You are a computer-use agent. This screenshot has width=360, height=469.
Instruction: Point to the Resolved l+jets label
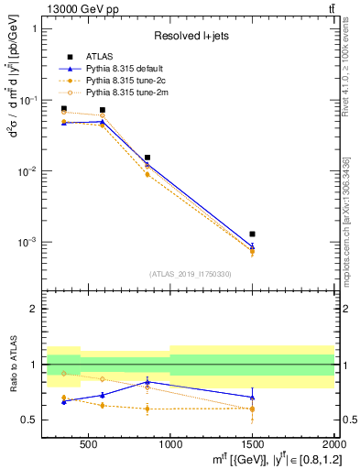coord(191,37)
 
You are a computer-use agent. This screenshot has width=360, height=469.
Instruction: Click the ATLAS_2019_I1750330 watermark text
coord(191,274)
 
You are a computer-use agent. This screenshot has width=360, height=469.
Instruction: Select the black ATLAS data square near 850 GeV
coord(147,158)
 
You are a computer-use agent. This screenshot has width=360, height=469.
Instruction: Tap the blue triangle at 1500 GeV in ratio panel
coord(252,398)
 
